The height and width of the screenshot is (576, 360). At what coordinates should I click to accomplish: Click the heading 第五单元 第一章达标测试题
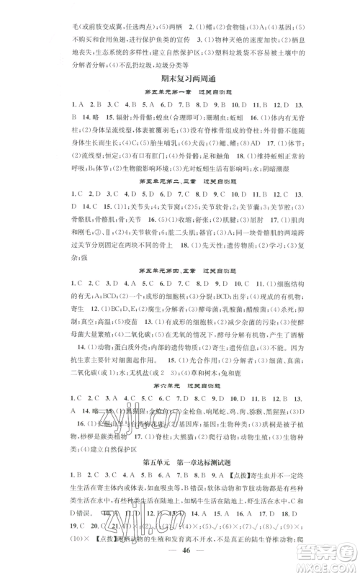179,477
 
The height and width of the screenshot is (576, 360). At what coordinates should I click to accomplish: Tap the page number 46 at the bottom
179,553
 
